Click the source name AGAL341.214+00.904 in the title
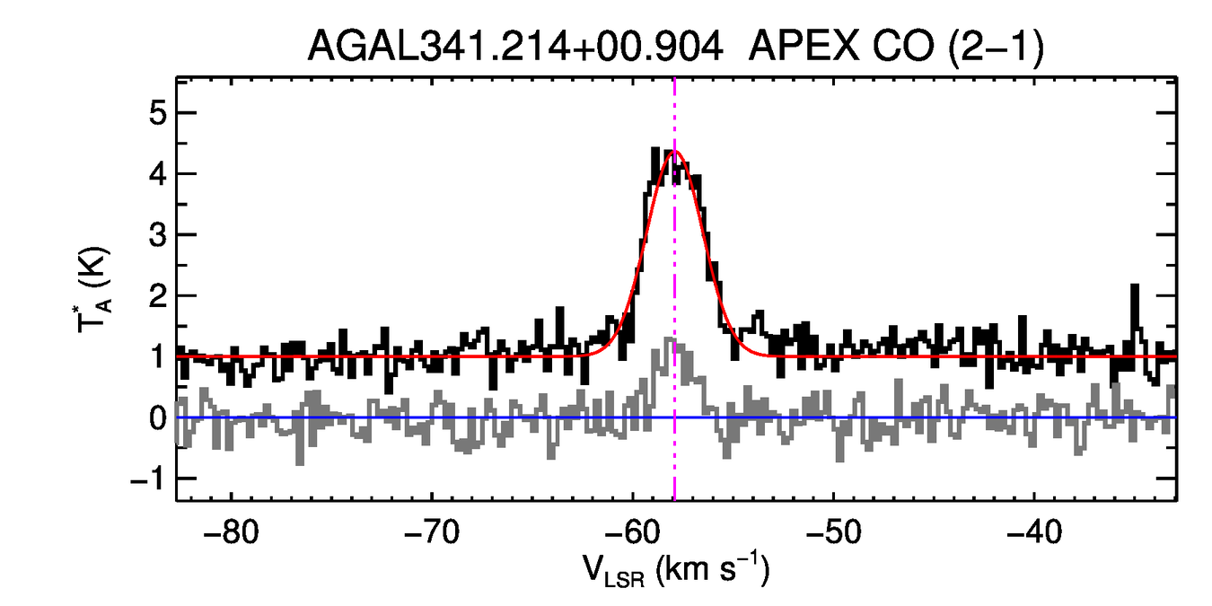(x=515, y=45)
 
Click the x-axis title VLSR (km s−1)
(x=675, y=572)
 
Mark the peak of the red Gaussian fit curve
(x=674, y=152)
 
